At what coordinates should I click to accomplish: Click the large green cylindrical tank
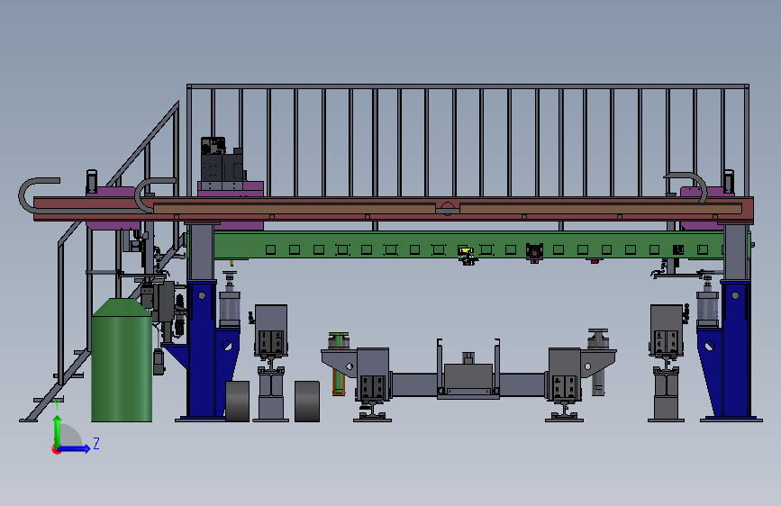[x=122, y=360]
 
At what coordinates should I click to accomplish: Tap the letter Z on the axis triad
[x=96, y=443]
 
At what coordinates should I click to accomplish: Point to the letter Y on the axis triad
[x=58, y=405]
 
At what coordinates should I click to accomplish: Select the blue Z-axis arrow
[x=75, y=448]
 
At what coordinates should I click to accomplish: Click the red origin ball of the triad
[x=56, y=449]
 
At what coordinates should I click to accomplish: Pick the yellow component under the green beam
[x=465, y=251]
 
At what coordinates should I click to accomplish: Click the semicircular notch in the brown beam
[x=448, y=209]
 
